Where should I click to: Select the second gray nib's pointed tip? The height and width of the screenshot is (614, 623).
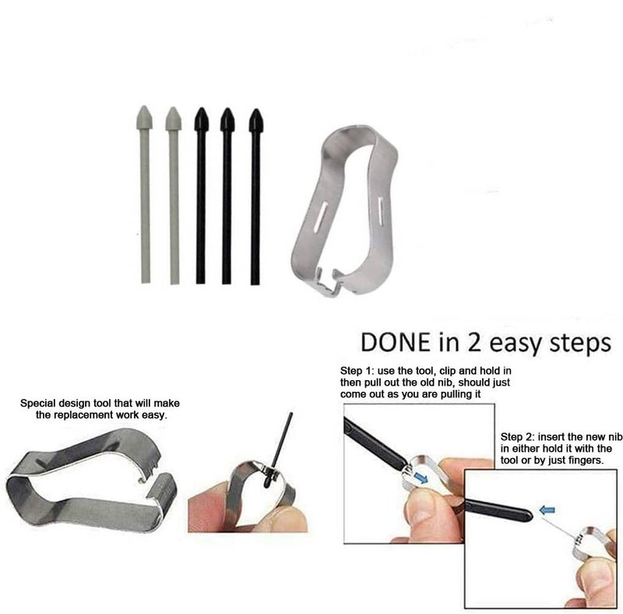click(x=173, y=108)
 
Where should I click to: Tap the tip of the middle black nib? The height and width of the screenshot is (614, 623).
click(x=227, y=108)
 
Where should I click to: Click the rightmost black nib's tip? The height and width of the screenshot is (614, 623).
click(x=255, y=109)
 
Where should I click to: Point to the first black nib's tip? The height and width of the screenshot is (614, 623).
click(x=202, y=108)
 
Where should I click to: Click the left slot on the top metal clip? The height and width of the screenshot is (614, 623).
click(x=319, y=216)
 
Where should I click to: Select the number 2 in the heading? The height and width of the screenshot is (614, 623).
click(x=474, y=342)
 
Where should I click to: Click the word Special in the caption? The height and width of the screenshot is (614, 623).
click(x=37, y=404)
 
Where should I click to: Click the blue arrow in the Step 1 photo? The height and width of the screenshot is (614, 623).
click(x=421, y=478)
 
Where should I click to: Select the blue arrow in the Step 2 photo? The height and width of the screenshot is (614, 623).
click(x=547, y=510)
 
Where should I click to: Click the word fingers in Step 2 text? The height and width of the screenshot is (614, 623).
click(x=586, y=461)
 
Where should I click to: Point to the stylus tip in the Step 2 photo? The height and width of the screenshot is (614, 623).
click(x=530, y=515)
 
